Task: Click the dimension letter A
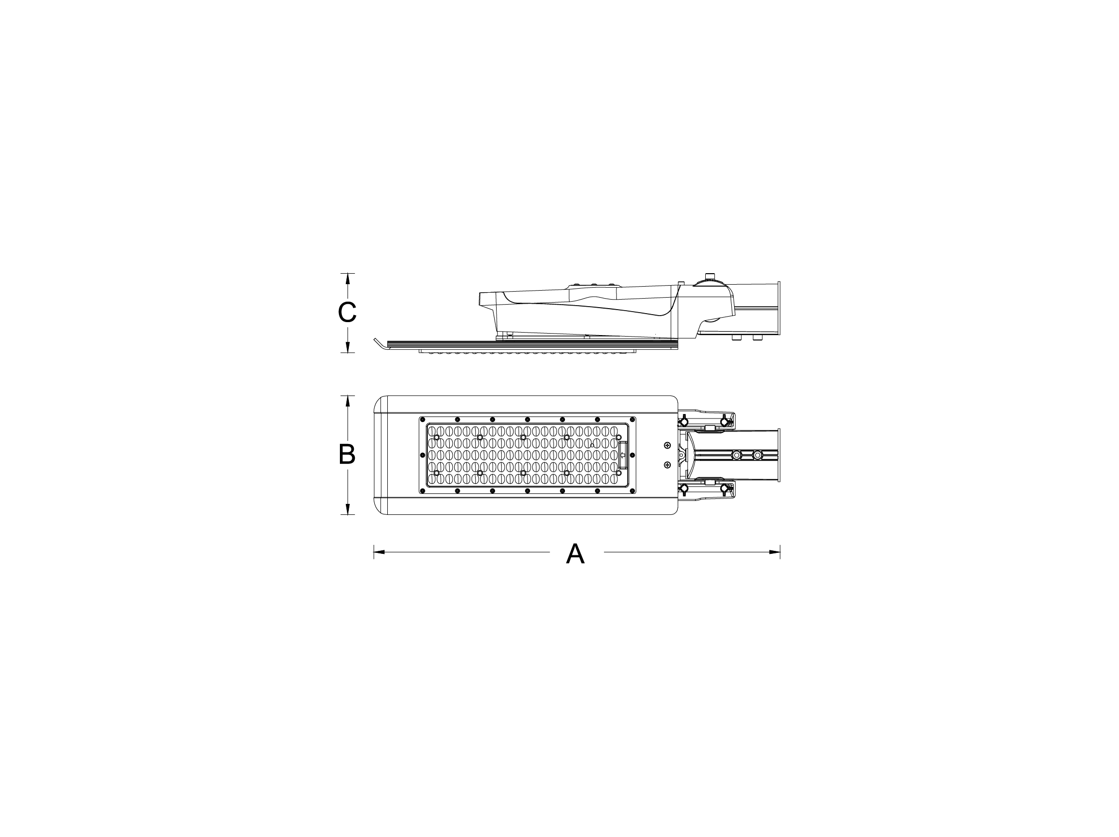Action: pos(575,554)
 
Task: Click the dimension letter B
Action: pos(347,454)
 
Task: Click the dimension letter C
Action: pos(347,312)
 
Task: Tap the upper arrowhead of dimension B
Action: pos(347,402)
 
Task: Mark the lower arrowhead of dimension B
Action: pos(347,508)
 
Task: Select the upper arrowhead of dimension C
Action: pos(347,279)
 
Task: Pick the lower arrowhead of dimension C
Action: pos(347,347)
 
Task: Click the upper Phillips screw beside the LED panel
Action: pos(667,445)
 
